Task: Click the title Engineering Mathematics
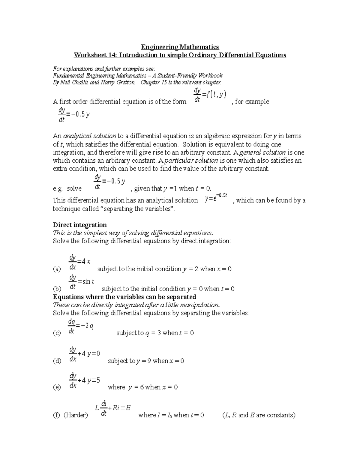[x=180, y=47]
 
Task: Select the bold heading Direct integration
[x=79, y=225]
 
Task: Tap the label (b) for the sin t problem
[x=57, y=289]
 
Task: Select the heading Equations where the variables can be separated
[x=124, y=297]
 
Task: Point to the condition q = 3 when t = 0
[x=155, y=333]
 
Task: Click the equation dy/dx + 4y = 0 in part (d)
[x=84, y=354]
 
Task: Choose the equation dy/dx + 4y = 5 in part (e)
[x=84, y=380]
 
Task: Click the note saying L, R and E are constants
[x=259, y=415]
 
